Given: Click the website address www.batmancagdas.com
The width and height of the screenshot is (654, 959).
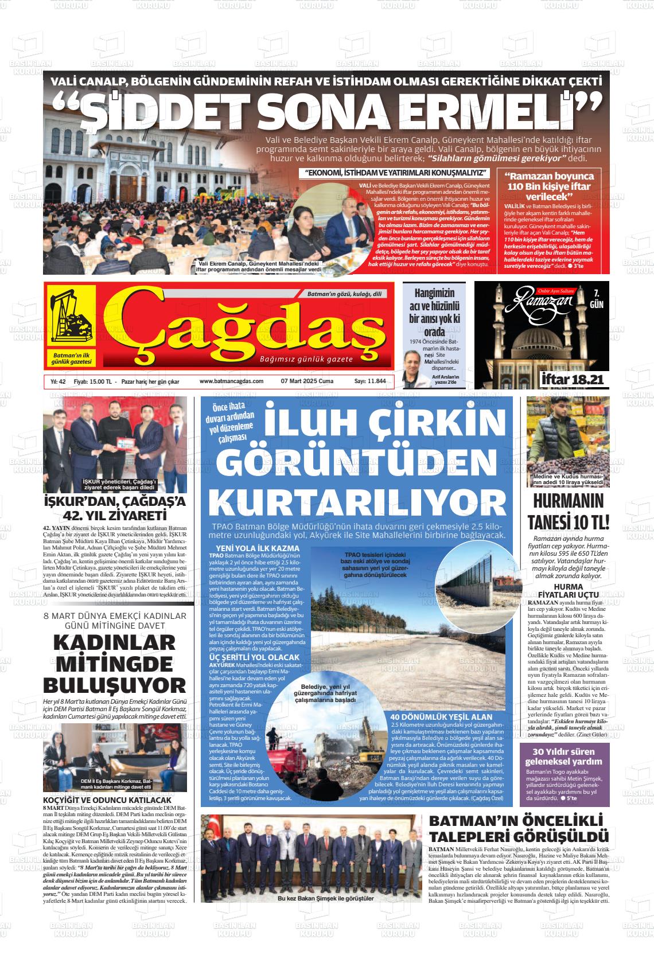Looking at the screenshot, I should (231, 381).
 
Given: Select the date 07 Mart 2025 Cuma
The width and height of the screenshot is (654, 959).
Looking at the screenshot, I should (307, 381).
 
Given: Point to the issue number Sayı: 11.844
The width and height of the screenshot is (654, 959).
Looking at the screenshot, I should (370, 381).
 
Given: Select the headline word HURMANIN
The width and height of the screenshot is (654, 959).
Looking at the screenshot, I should (568, 501).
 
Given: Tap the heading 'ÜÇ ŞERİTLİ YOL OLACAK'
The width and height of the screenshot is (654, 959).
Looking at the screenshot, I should (254, 657).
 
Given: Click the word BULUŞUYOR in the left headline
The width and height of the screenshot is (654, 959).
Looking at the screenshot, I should (115, 685).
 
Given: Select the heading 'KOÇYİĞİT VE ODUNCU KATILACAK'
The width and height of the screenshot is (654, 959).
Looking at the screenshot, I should (107, 800).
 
